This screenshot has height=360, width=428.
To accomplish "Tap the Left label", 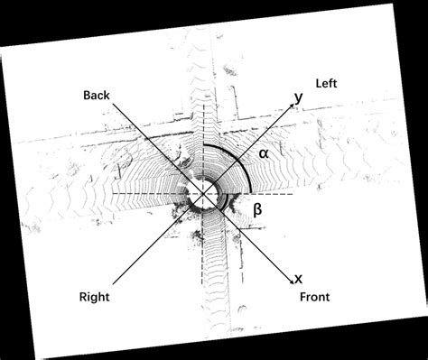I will [x=327, y=83].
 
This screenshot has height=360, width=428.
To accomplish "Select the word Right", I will [x=95, y=294].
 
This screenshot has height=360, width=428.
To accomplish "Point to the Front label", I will [x=314, y=297].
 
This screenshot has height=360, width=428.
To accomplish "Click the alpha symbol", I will [x=264, y=153].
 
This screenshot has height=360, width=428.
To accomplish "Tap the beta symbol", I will [x=257, y=210].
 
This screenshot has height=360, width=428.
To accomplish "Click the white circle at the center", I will [x=203, y=193].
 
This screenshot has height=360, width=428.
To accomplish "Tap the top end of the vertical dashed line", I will [x=203, y=101].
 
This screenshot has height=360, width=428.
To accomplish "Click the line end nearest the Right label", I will [x=116, y=280].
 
